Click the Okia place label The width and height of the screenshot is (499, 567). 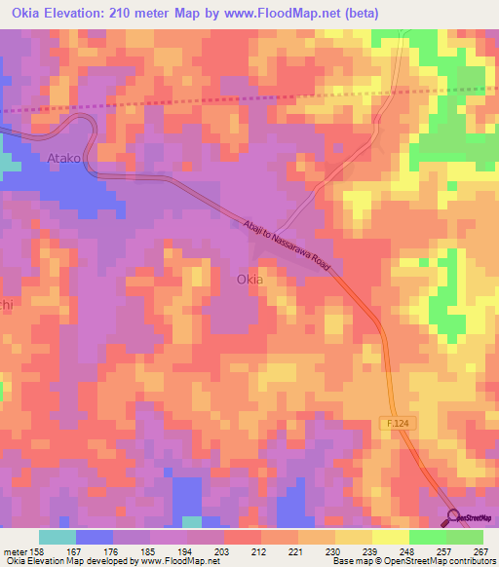249,280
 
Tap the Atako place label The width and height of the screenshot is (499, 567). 65,157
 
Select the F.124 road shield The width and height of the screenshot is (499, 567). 392,422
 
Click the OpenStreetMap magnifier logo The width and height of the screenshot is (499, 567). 453,516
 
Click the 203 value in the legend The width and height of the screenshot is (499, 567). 223,550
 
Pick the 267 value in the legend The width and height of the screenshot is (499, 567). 481,550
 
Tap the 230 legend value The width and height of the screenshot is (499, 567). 334,550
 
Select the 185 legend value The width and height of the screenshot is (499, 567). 149,550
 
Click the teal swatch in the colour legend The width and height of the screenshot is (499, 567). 58,537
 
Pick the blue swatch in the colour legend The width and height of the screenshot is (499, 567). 95,537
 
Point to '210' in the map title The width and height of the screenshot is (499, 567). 123,13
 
